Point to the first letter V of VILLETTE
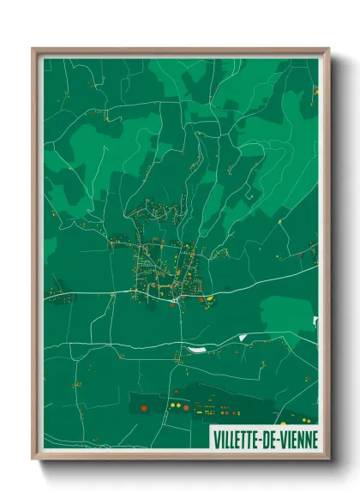[214, 439]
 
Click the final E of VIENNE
[314, 439]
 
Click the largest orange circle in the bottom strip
[143, 407]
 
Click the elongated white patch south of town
[196, 349]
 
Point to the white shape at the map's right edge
[315, 321]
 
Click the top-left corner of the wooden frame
[33, 49]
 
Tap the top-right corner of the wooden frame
[328, 49]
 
